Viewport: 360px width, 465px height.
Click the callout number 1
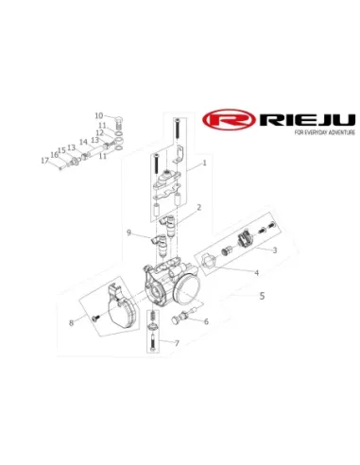[x=204, y=163]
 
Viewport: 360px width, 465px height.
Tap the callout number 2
[x=198, y=207]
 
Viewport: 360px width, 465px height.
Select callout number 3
[x=275, y=250]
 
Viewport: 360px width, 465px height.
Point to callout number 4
[x=257, y=272]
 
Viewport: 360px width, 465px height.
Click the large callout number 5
[x=262, y=296]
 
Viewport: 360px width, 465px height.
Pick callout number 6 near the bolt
[x=206, y=321]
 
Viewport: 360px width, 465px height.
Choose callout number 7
[x=177, y=343]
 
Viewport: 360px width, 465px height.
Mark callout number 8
[x=72, y=323]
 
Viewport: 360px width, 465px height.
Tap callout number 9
[x=129, y=232]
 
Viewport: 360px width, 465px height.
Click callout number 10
[x=99, y=115]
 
